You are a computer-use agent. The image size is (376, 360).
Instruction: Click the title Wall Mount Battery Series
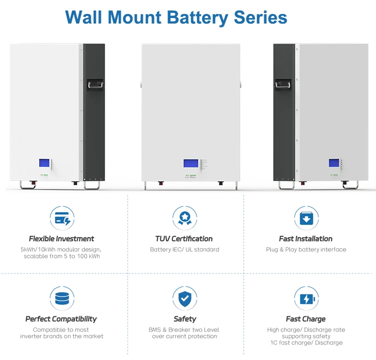[x=176, y=17]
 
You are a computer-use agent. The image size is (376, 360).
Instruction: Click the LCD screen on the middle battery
[x=190, y=163]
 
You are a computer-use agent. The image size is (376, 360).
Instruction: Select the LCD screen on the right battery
[x=334, y=163]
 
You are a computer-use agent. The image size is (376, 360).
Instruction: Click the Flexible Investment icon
[x=62, y=218]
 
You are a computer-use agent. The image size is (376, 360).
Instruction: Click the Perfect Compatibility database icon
[x=62, y=299]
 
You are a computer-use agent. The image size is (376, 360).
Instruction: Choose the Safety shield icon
[x=184, y=299]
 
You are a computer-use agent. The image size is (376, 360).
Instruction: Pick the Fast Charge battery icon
[x=306, y=299]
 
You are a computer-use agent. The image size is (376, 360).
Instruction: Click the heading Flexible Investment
[x=62, y=239]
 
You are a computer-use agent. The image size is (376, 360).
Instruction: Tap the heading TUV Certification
[x=184, y=239]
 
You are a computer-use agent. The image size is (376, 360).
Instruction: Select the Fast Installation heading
[x=306, y=239]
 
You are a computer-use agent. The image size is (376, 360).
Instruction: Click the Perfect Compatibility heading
[x=61, y=319]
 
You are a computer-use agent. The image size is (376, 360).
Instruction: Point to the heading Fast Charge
[x=306, y=319]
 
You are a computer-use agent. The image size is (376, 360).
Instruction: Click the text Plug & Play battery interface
[x=306, y=249]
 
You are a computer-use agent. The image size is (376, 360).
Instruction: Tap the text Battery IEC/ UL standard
[x=184, y=249]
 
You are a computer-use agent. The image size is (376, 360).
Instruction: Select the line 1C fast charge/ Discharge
[x=306, y=342]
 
